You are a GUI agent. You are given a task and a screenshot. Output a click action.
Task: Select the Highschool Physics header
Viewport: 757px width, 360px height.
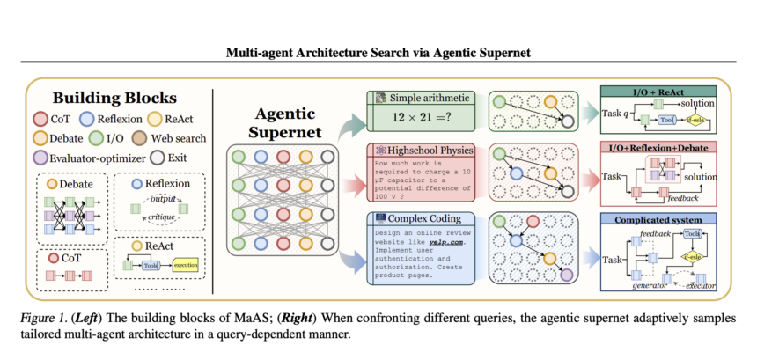[424, 151]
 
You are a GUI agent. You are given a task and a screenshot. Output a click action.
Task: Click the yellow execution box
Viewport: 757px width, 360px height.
[186, 264]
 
